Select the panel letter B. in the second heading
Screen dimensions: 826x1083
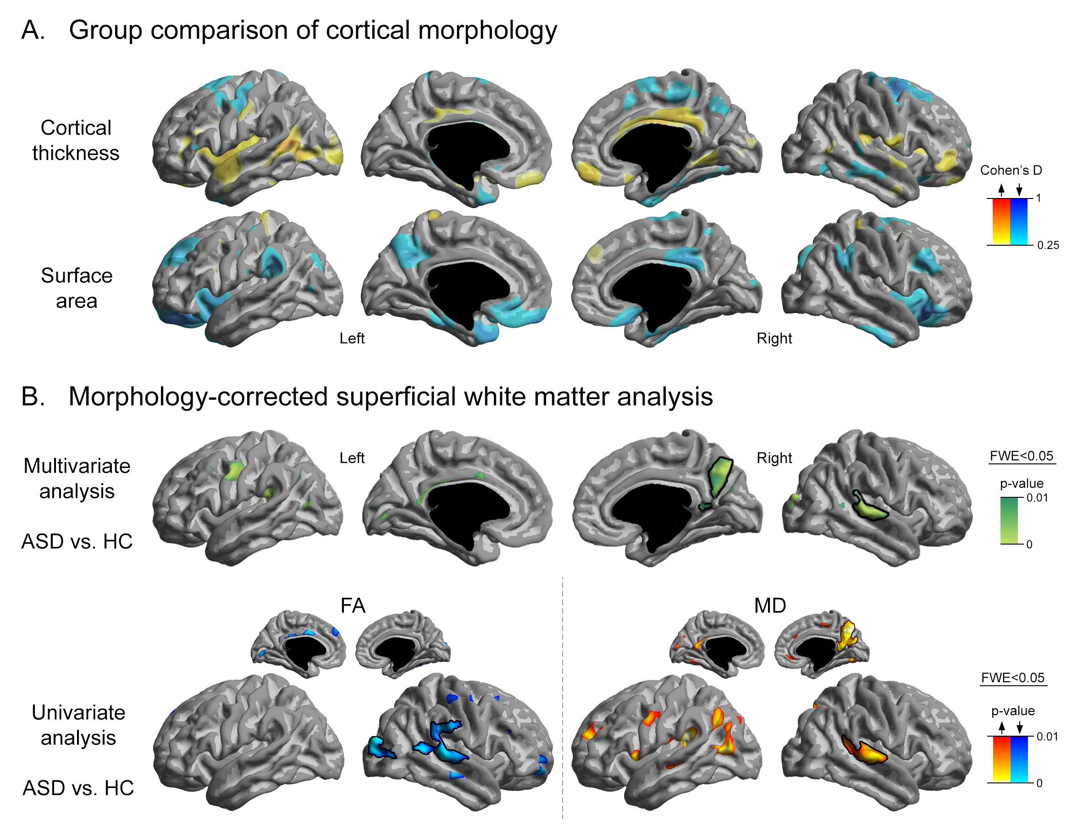click(x=33, y=396)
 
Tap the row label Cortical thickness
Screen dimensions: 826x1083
click(x=76, y=140)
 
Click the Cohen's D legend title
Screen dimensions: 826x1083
click(x=1011, y=170)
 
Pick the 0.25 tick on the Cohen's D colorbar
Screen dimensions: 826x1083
click(x=1048, y=245)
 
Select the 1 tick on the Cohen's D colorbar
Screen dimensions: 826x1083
click(x=1038, y=198)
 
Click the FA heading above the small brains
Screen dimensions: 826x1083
click(x=353, y=605)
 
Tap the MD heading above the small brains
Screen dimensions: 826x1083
click(x=770, y=605)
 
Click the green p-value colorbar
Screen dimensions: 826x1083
click(x=1009, y=520)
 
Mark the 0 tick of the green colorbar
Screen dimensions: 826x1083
click(x=1029, y=544)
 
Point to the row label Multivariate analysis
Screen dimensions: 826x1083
click(x=77, y=479)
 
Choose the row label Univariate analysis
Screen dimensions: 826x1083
click(x=78, y=725)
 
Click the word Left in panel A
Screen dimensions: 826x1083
click(x=352, y=338)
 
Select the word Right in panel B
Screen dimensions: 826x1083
click(x=774, y=458)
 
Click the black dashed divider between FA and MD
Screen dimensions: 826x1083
click(x=562, y=698)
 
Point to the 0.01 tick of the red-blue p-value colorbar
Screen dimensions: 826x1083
click(x=1047, y=736)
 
